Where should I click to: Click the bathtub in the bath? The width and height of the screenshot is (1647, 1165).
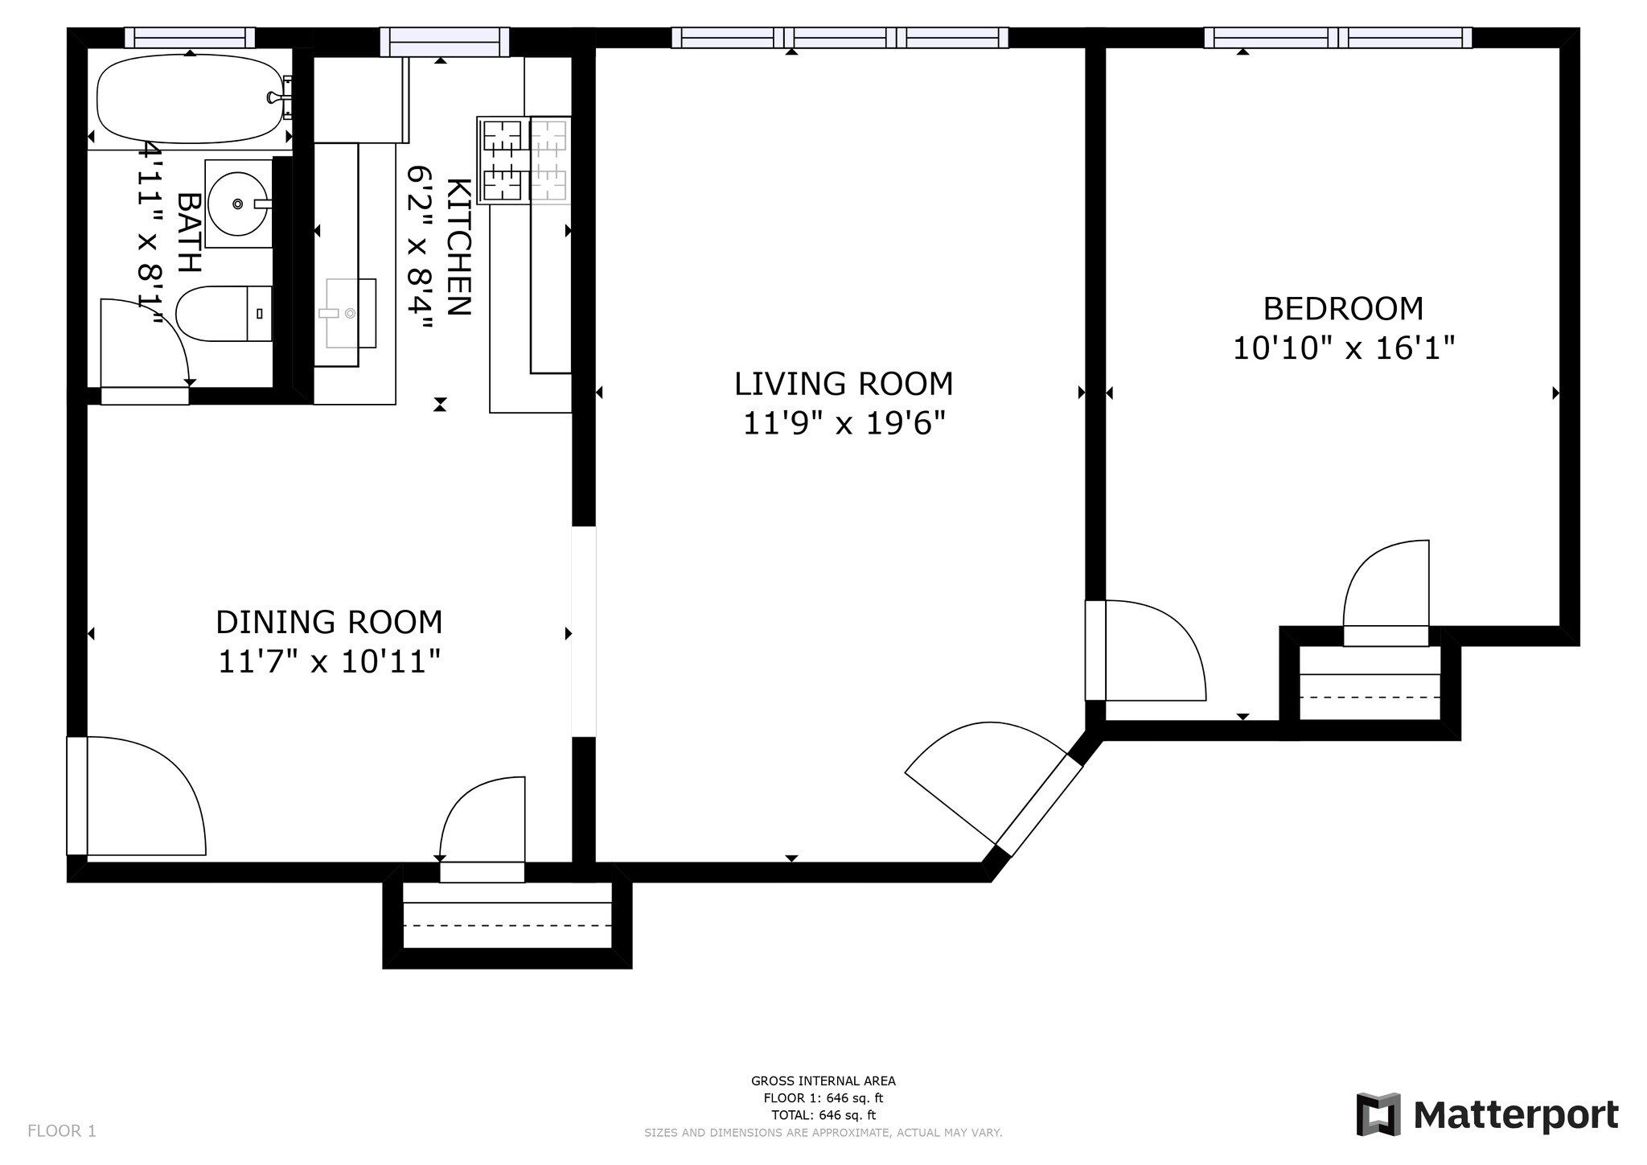coord(191,99)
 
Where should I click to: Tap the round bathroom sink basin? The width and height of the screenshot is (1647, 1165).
coord(237,204)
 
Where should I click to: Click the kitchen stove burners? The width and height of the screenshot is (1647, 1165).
coord(524,159)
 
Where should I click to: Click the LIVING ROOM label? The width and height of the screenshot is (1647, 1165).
coord(844,384)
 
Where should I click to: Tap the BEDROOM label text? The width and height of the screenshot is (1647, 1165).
coord(1343,309)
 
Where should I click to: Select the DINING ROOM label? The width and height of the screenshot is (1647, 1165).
coord(329,622)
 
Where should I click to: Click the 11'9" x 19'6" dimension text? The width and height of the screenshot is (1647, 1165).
coord(844,422)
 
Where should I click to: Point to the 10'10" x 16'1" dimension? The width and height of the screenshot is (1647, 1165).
coord(1344,348)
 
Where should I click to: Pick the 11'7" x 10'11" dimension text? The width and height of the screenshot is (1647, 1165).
coord(330,662)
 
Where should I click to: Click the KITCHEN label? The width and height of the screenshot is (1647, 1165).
coord(458,246)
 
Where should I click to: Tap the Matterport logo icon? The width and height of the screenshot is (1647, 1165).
coord(1378,1114)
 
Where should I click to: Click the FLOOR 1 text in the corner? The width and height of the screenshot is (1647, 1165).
coord(62,1131)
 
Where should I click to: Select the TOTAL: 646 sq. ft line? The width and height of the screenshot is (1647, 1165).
coord(823,1115)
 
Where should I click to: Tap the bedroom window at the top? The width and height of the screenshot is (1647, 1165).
coord(1338,38)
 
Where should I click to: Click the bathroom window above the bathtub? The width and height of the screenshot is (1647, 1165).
coord(190,38)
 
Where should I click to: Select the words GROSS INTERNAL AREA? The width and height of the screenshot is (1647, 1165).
coord(823,1081)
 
